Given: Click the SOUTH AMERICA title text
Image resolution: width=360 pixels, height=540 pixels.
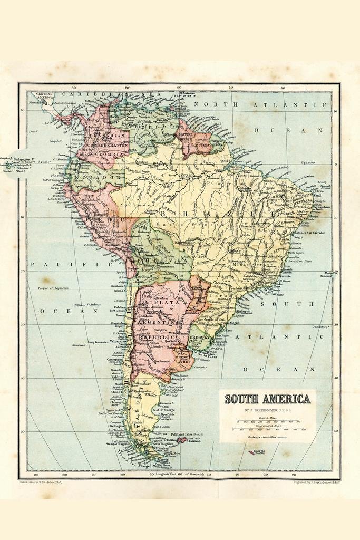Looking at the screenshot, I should [267, 399].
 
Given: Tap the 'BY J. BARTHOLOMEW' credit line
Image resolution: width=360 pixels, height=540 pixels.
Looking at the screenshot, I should [267, 410].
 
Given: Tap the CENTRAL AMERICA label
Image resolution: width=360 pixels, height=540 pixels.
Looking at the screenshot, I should [44, 95].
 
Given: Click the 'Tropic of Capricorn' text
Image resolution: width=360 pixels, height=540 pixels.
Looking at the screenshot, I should [53, 288].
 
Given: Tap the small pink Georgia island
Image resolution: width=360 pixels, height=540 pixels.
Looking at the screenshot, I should [251, 452].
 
